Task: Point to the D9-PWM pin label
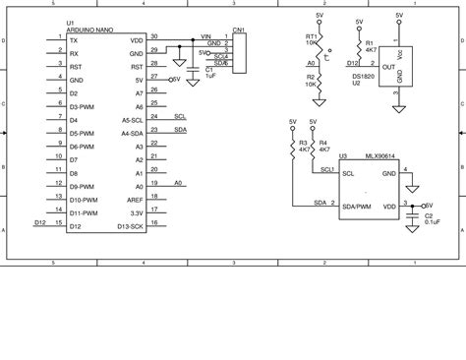[83, 185]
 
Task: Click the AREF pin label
[136, 199]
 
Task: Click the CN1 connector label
[239, 30]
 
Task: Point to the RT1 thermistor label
[299, 35]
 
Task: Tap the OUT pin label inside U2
[388, 67]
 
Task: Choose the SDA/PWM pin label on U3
[357, 207]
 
